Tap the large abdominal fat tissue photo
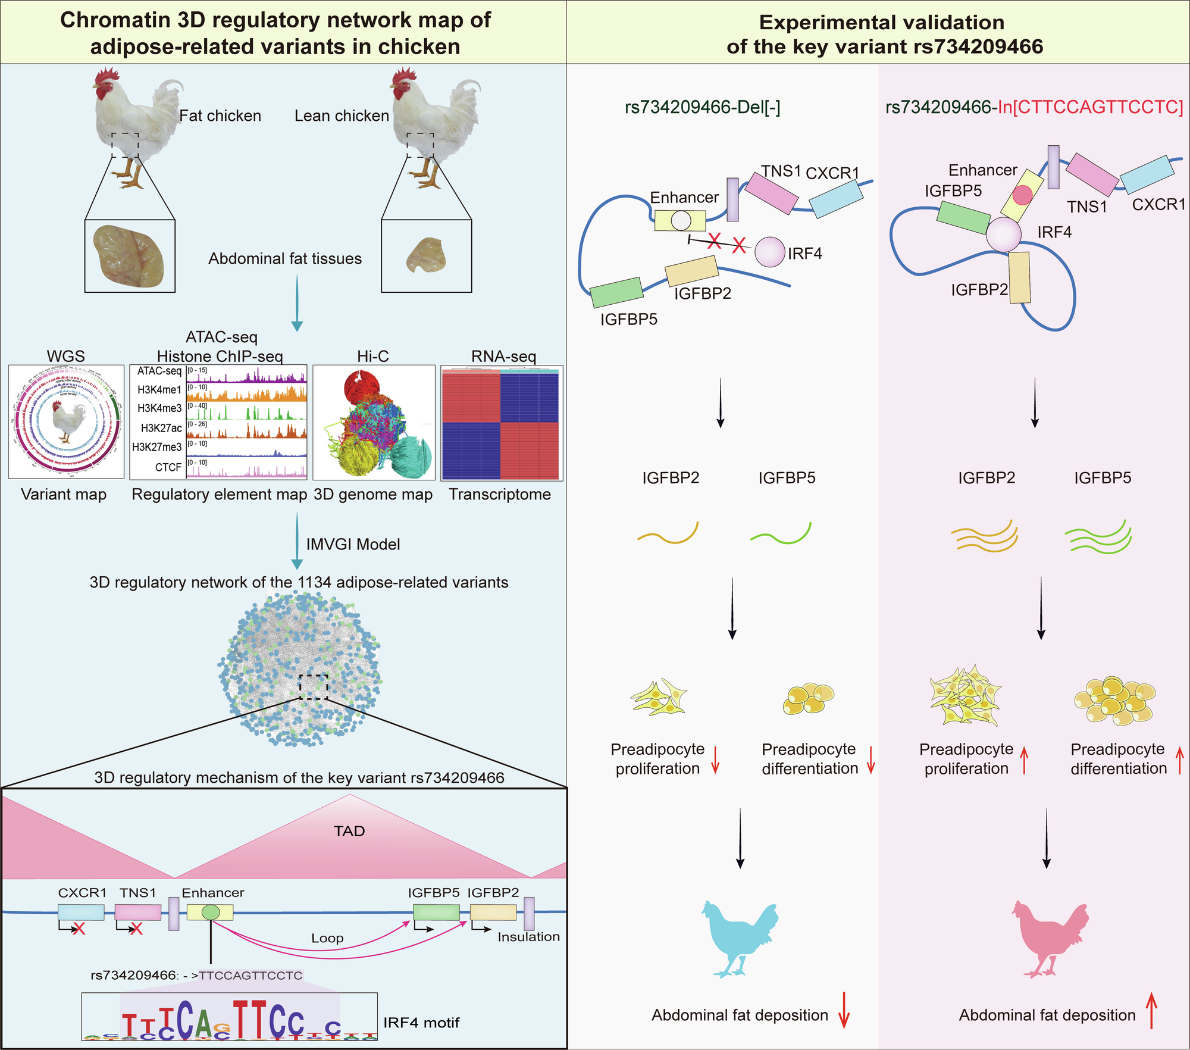[x=130, y=256]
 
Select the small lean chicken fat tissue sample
[x=427, y=255]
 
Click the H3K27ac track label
[x=161, y=428]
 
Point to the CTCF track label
[x=168, y=467]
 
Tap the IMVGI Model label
[x=353, y=544]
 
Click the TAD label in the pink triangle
[x=349, y=831]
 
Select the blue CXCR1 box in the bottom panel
[x=81, y=912]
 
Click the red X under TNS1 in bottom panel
[x=136, y=929]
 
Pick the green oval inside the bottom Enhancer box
[x=210, y=912]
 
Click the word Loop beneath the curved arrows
[x=327, y=938]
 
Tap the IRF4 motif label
[x=421, y=1023]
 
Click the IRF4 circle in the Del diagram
[x=770, y=252]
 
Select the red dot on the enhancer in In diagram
[x=1022, y=195]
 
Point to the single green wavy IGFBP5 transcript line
[x=781, y=534]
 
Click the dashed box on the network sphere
[x=314, y=687]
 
